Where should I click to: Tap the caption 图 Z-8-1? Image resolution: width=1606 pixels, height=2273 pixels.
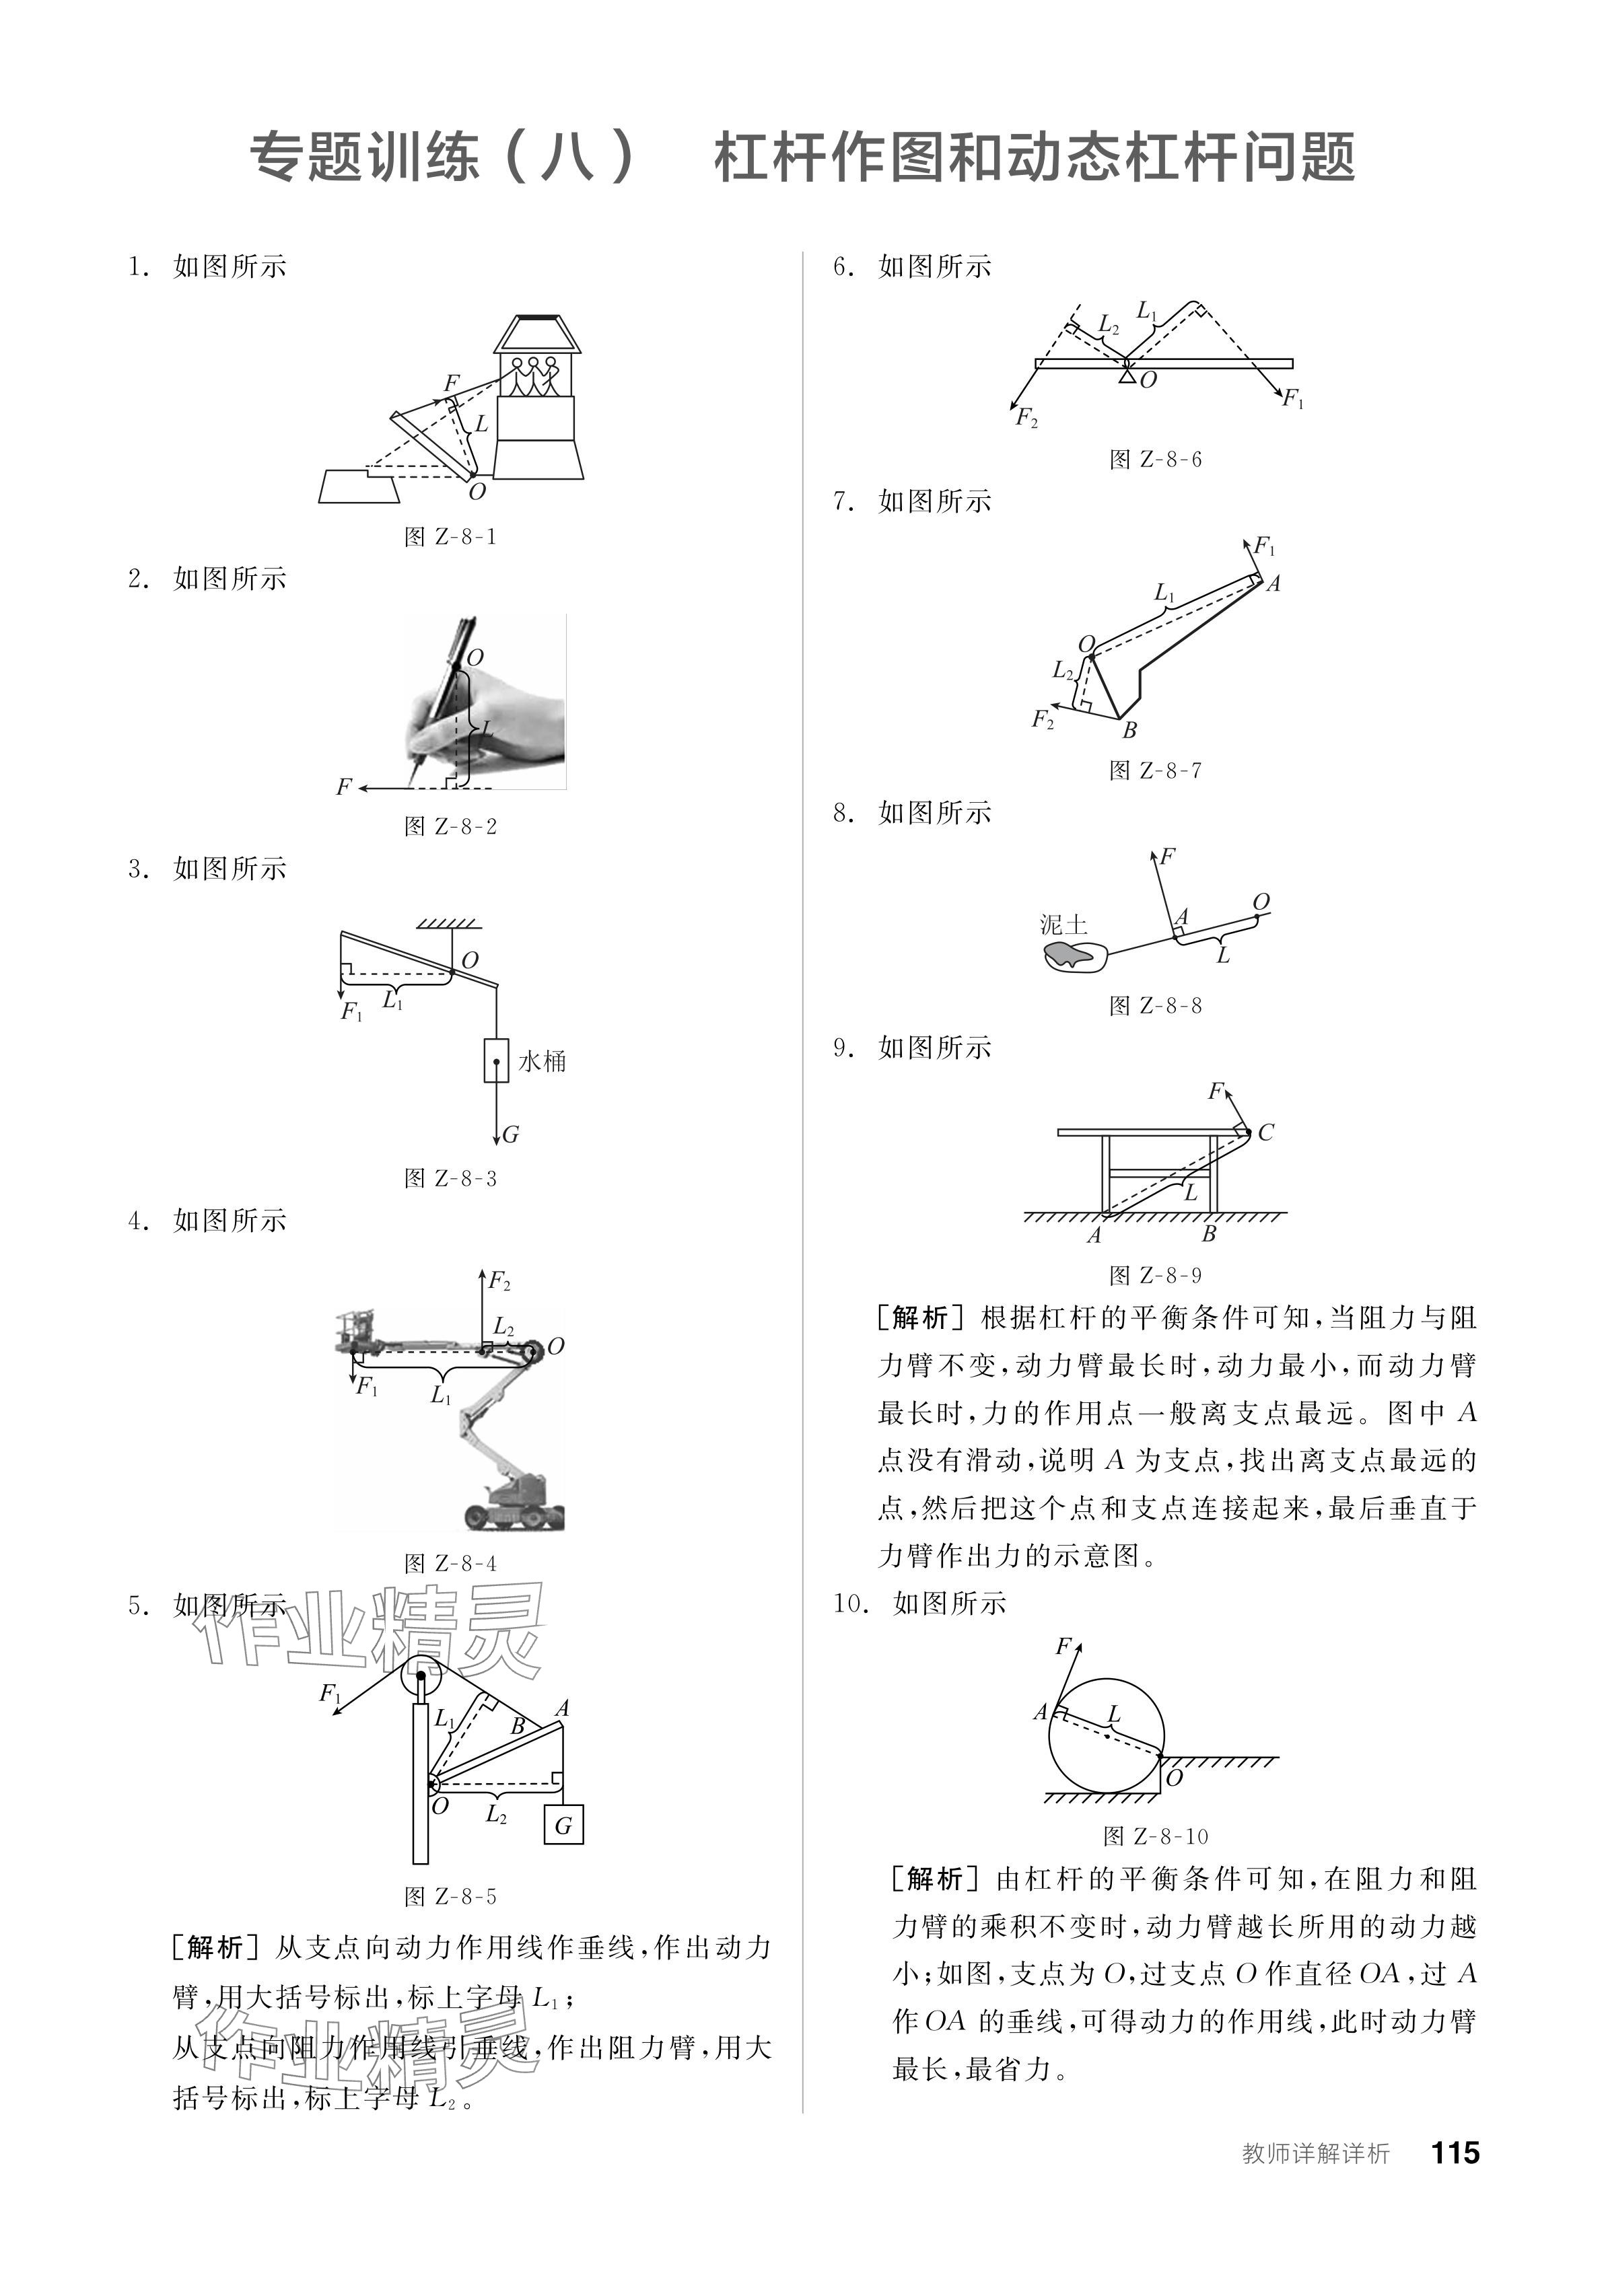point(450,536)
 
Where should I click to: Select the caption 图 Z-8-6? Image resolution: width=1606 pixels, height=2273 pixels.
point(1156,460)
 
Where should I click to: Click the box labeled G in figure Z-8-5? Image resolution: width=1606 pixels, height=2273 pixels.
point(563,1825)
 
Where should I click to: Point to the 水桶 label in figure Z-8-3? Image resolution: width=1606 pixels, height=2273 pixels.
point(542,1061)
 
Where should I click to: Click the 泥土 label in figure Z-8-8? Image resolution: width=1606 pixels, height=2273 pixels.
point(1063,925)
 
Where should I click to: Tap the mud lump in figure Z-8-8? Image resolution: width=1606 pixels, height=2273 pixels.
point(1072,956)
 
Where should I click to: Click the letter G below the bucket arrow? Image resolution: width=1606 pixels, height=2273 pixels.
point(511,1134)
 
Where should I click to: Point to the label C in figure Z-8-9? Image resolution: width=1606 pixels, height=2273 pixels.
point(1265,1132)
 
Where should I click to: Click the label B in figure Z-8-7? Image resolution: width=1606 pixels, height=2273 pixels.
point(1129,731)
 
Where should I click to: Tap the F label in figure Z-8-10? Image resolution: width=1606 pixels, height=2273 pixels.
point(1063,1647)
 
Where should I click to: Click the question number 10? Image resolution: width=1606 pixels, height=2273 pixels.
point(849,1603)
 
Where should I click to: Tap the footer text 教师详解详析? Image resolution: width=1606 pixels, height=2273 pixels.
point(1316,2153)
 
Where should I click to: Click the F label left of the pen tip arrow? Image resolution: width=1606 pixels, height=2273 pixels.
point(343,787)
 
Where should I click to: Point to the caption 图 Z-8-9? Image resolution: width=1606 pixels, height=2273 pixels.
point(1156,1275)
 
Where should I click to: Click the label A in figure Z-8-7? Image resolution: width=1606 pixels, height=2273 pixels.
point(1273,584)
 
